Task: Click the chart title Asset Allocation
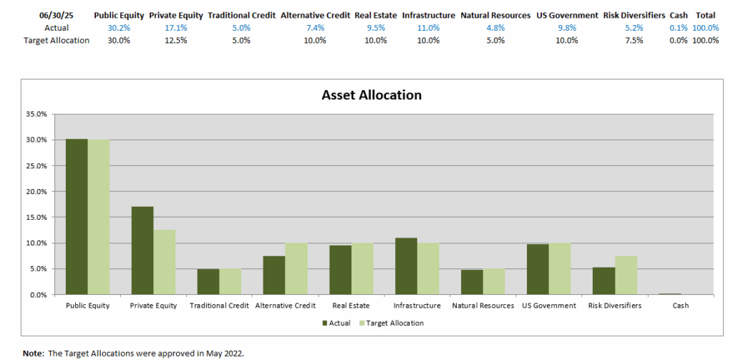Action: click(372, 95)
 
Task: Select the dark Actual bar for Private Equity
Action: click(142, 250)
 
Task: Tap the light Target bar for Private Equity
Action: click(164, 262)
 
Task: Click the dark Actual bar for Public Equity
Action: click(77, 217)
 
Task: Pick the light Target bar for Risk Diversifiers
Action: click(625, 275)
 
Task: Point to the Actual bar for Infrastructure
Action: click(406, 266)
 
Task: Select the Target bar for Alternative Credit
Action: click(296, 268)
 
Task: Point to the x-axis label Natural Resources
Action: click(483, 306)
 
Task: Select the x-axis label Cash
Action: click(681, 306)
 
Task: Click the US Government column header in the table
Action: click(567, 15)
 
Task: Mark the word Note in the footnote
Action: click(33, 354)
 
